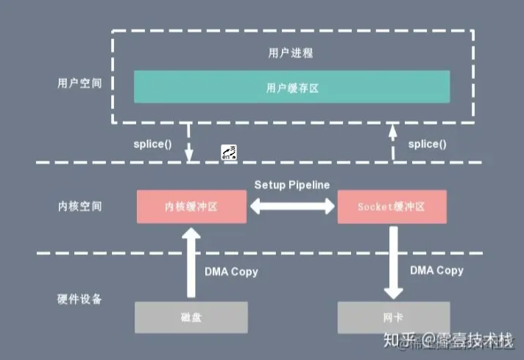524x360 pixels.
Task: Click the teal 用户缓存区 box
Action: [291, 86]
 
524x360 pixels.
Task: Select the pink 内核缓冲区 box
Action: [191, 207]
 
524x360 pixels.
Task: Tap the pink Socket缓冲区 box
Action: [392, 207]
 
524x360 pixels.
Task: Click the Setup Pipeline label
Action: [292, 184]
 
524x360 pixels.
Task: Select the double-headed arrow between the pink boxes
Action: [292, 207]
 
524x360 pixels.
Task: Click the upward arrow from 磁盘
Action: [191, 261]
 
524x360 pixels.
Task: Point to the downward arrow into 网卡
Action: [392, 261]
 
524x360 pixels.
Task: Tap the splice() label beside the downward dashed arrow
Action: [152, 143]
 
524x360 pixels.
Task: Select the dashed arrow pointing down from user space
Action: [189, 142]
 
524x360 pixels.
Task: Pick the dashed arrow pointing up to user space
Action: [392, 142]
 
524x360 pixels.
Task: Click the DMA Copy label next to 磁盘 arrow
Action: [231, 272]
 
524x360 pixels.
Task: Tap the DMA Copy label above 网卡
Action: [436, 270]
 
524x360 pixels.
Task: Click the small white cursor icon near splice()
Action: [229, 152]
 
